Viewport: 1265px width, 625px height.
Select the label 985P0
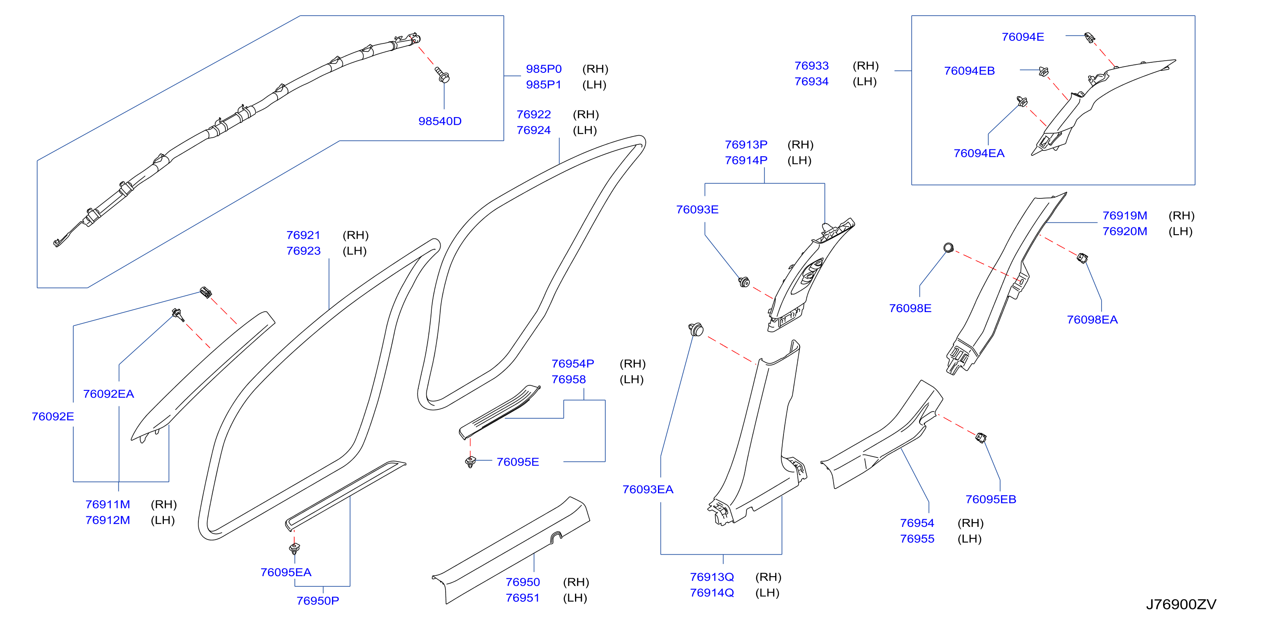[x=543, y=69]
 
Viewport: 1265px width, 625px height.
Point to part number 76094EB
[x=969, y=71]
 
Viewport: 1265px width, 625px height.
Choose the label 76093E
[x=697, y=210]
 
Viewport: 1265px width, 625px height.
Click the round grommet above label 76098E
[x=948, y=248]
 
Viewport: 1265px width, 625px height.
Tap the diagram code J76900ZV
[x=1181, y=604]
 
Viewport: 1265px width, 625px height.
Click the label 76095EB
[x=990, y=499]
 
